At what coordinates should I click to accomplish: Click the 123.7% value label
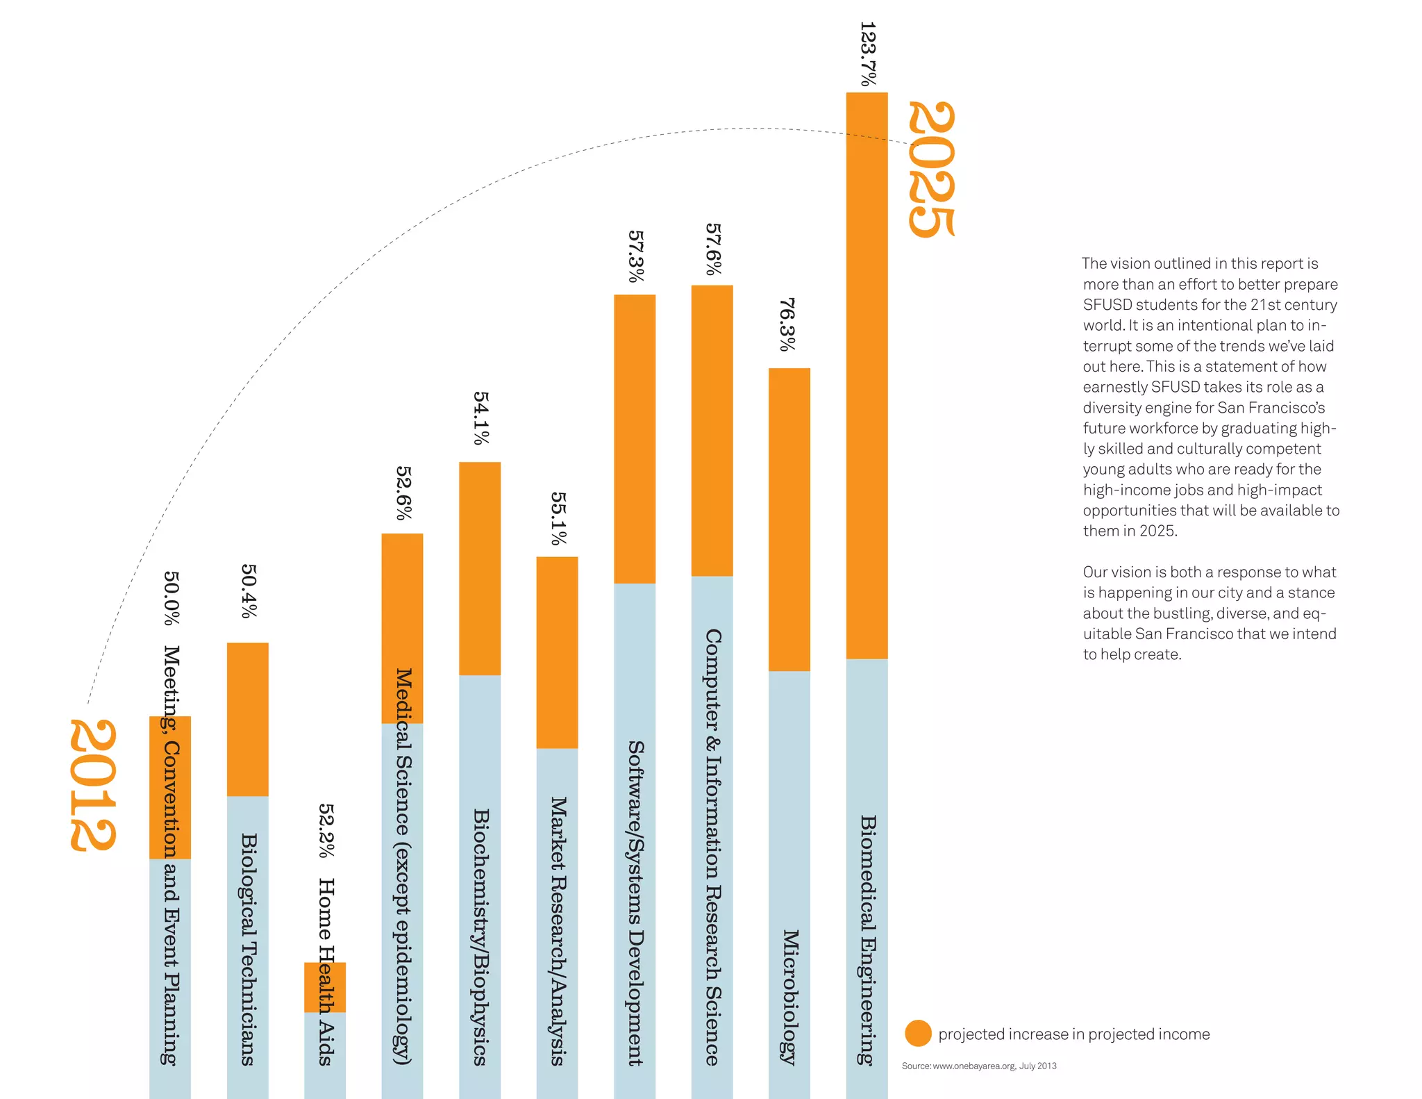[868, 53]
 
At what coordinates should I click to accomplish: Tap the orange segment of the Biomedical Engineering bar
[867, 375]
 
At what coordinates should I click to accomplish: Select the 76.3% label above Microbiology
[787, 324]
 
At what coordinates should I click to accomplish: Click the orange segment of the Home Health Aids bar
[324, 986]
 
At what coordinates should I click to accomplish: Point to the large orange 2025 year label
[932, 169]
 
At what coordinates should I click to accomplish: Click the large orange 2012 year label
[92, 785]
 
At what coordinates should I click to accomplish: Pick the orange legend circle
[918, 1033]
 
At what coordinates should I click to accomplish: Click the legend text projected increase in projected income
[1073, 1034]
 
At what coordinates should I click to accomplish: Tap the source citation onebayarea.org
[979, 1066]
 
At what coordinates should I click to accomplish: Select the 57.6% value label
[713, 249]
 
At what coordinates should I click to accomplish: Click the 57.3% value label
[635, 256]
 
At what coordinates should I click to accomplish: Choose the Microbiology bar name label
[790, 997]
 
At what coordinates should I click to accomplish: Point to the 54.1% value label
[480, 418]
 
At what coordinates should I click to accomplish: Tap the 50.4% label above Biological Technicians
[249, 590]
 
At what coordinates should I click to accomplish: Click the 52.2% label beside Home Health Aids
[326, 831]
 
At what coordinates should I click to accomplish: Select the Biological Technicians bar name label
[249, 949]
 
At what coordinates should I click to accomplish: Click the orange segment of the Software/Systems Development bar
[635, 438]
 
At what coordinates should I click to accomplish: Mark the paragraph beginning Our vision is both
[1209, 613]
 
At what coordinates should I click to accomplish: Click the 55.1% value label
[558, 518]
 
